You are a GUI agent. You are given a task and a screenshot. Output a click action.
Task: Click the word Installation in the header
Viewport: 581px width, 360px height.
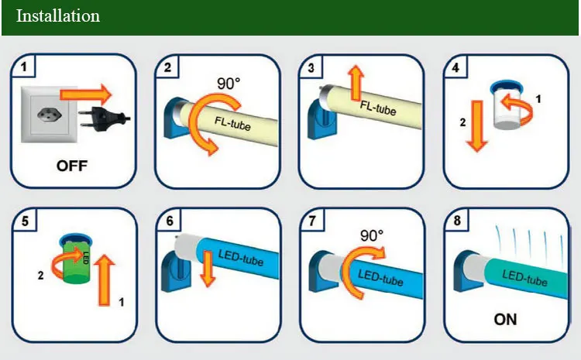58,16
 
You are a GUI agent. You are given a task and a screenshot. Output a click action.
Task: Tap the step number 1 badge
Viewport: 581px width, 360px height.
25,68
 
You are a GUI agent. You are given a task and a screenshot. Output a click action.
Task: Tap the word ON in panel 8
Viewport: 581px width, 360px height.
505,318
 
